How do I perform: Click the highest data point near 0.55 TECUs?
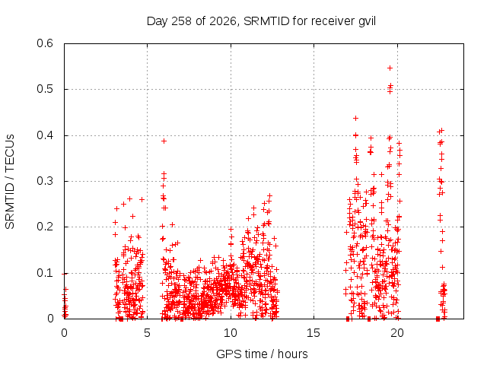point(390,68)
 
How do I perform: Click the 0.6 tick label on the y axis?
point(45,43)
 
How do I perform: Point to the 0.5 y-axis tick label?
point(45,89)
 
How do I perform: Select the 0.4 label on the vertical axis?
point(45,135)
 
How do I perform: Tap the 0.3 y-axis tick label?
point(45,181)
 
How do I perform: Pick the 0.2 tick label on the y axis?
point(45,227)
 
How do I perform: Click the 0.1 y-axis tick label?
point(45,273)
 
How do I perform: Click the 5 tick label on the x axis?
point(147,333)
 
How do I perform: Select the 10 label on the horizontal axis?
point(231,333)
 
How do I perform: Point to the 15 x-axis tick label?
point(314,333)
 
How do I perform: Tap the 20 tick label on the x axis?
point(397,333)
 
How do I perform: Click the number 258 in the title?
point(181,21)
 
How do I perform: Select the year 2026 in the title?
point(223,22)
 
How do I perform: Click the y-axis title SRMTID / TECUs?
point(10,182)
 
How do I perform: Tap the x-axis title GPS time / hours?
point(262,354)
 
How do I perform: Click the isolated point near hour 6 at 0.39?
point(164,141)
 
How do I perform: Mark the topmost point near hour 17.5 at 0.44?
point(356,119)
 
